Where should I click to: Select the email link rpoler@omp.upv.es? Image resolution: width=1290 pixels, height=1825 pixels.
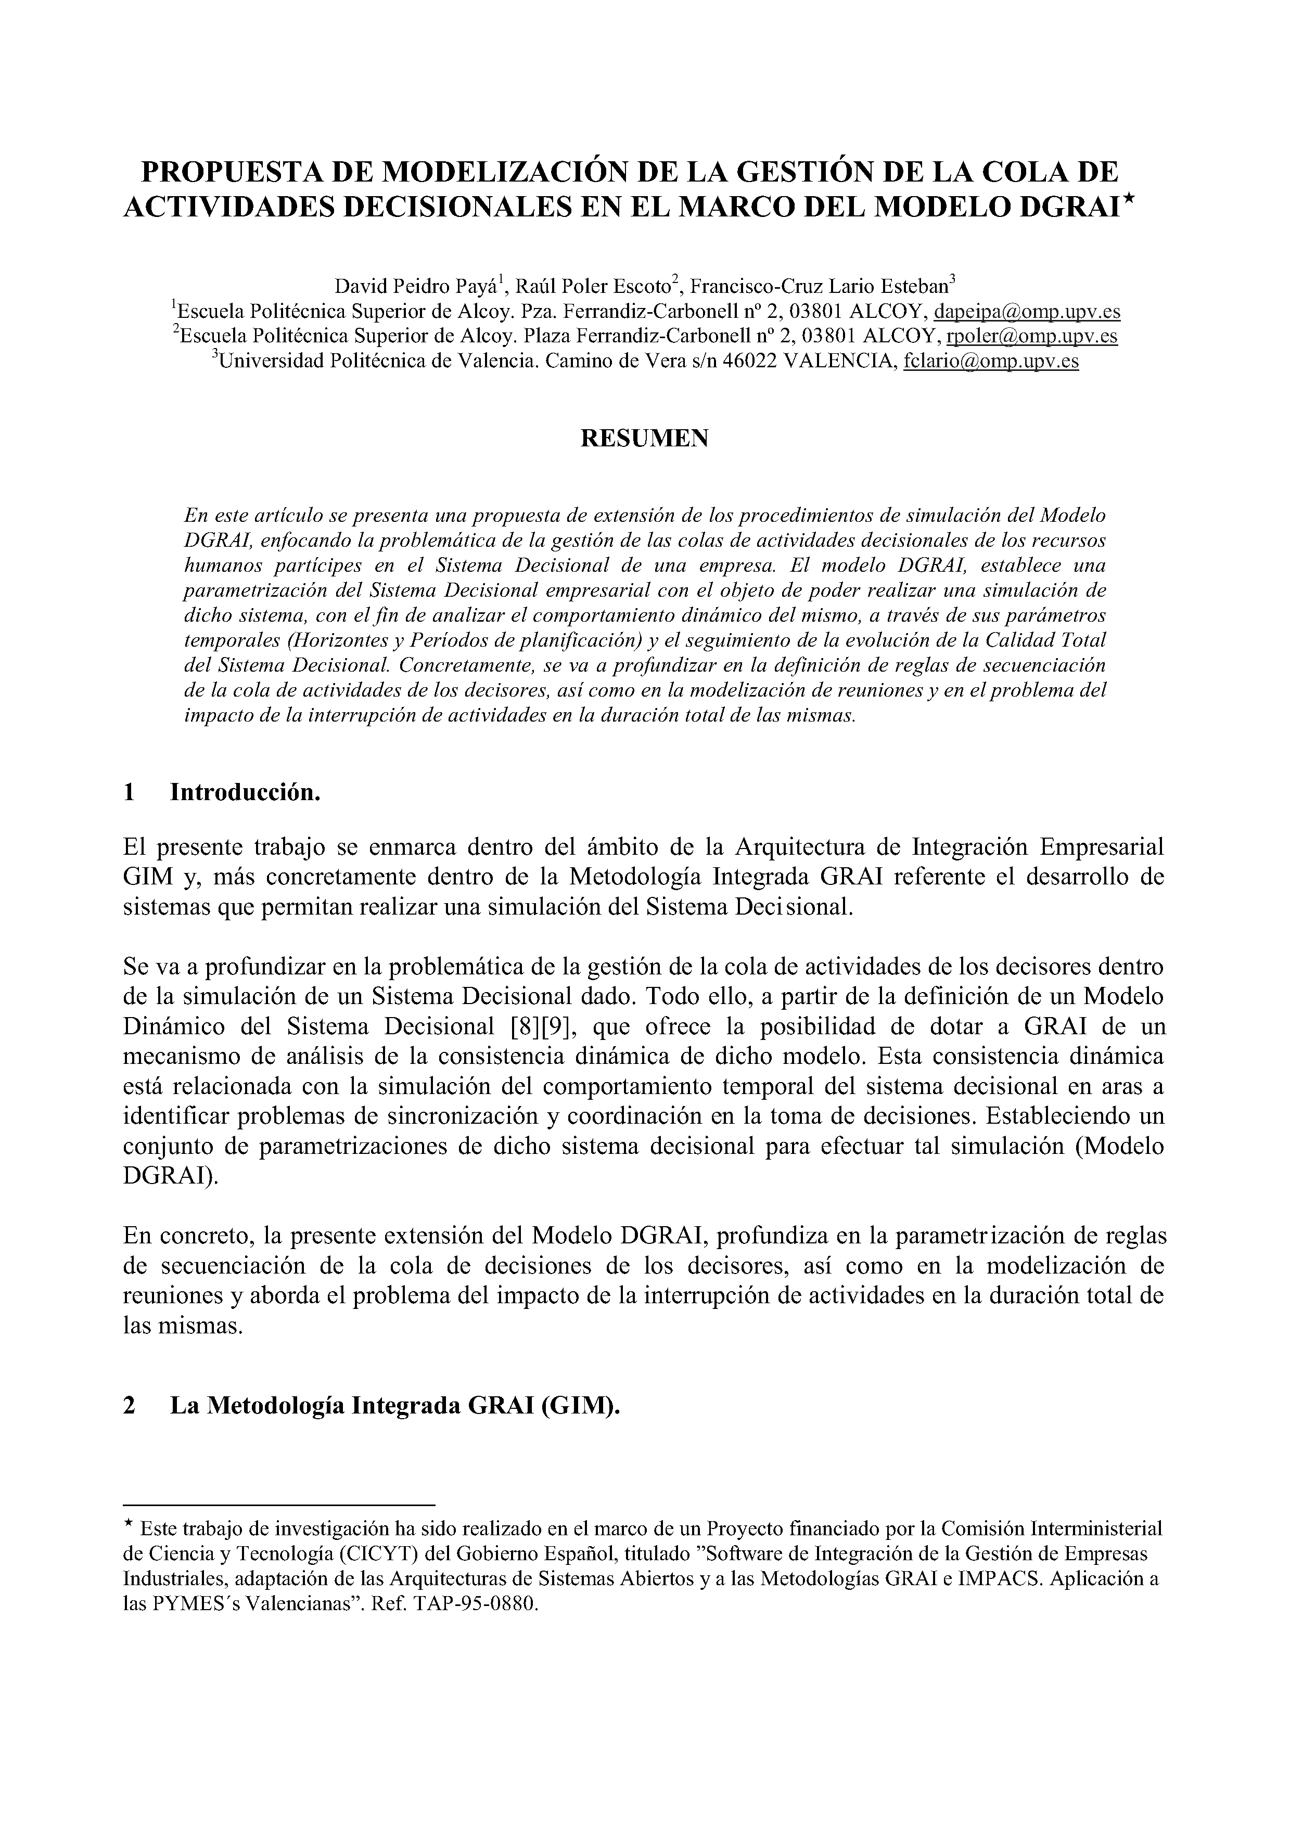point(1031,336)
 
